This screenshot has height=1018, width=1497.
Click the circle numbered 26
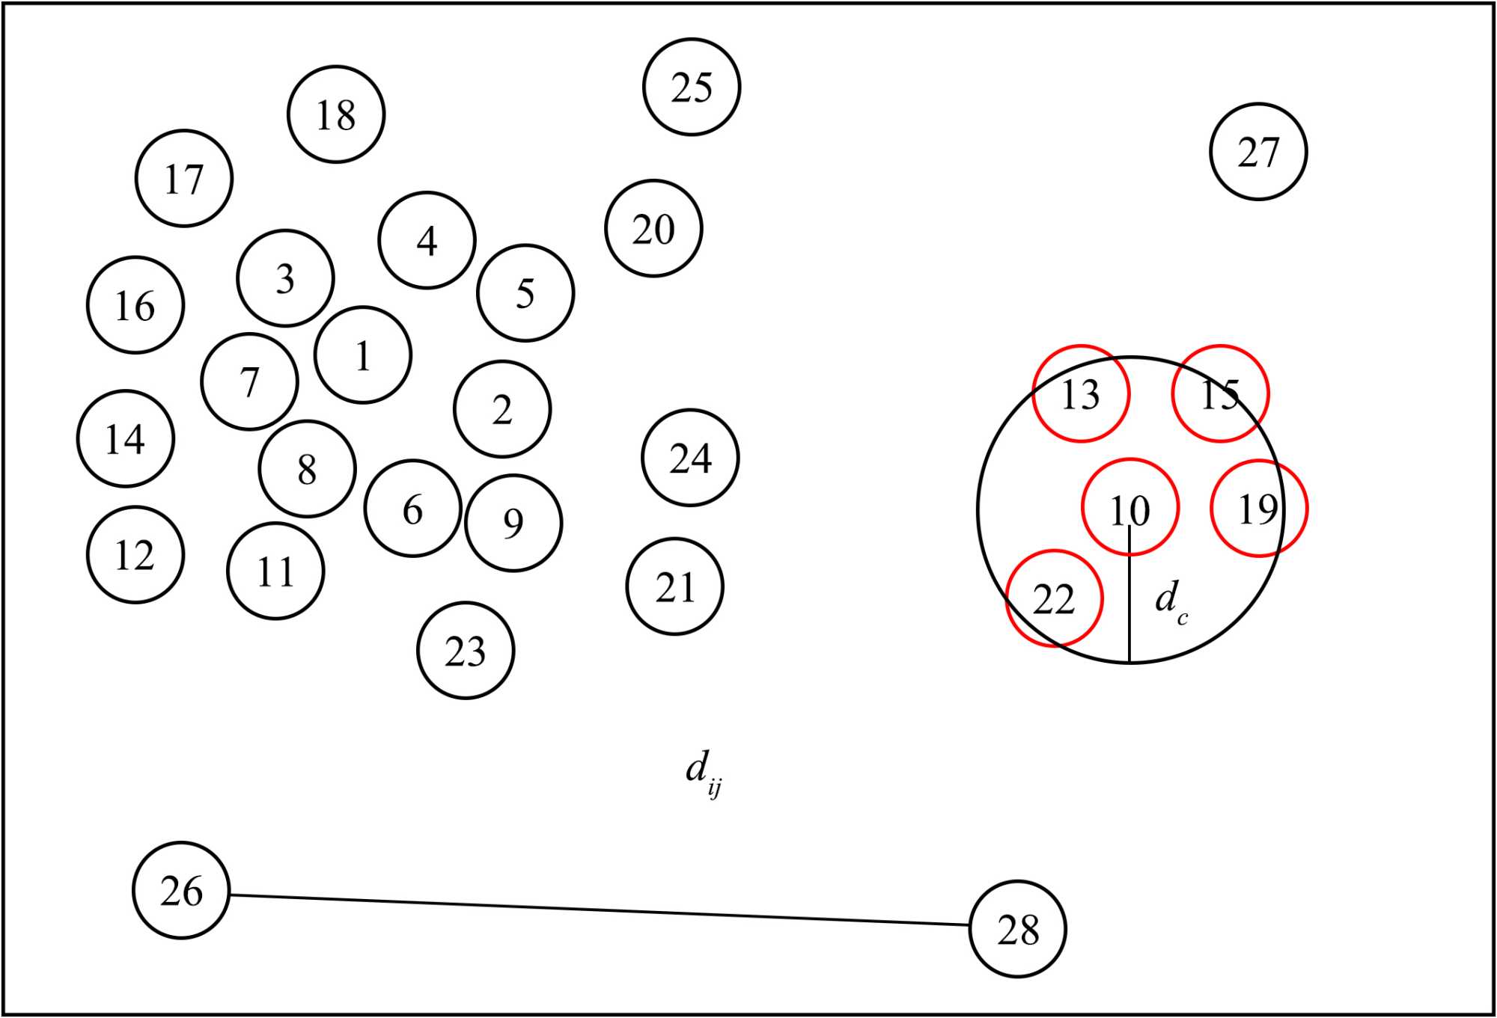(181, 890)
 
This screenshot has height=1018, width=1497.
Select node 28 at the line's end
(1018, 929)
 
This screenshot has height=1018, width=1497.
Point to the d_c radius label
(1170, 601)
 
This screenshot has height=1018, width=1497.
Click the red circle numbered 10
(1130, 508)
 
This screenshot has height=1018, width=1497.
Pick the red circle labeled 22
(1054, 598)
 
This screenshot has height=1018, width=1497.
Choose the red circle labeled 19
(1259, 509)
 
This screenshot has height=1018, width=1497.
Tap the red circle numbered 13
(1081, 393)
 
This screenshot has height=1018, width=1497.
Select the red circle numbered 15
(1220, 393)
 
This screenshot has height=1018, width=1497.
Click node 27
(1258, 152)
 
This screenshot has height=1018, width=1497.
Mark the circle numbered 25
(692, 87)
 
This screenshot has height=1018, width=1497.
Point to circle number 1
(363, 355)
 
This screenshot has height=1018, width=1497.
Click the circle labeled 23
(466, 651)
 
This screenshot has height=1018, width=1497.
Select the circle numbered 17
(184, 179)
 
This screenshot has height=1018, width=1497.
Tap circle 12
(135, 555)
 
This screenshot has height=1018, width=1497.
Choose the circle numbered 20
(653, 228)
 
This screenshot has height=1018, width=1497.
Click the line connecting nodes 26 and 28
(599, 910)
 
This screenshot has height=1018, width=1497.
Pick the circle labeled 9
(513, 523)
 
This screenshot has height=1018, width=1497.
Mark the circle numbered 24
(690, 458)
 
